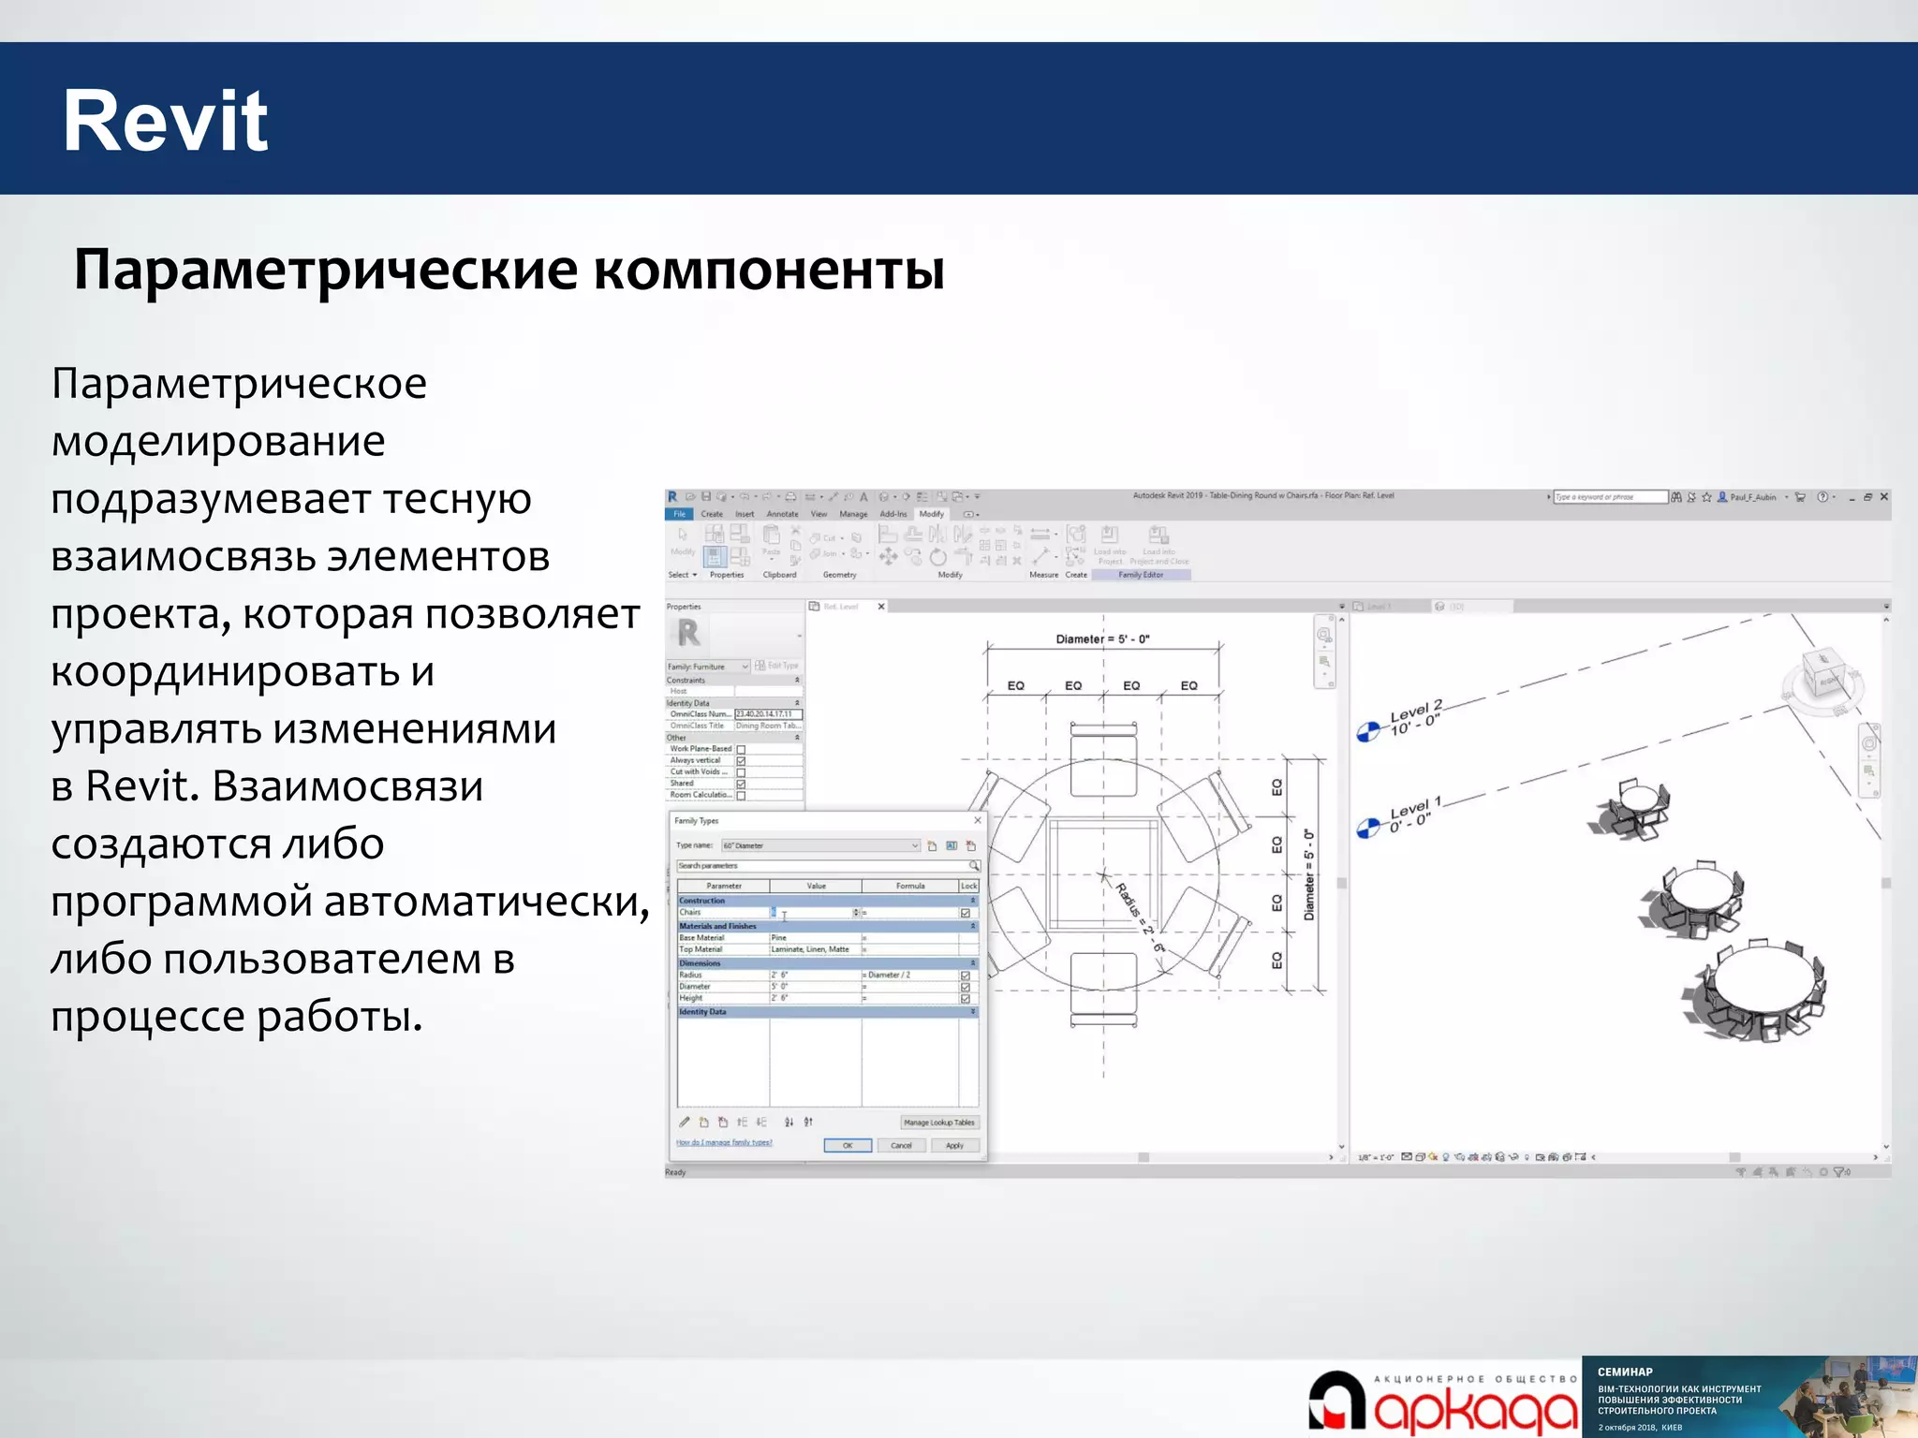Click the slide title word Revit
tap(165, 121)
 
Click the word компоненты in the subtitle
tap(769, 270)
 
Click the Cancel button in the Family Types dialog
tap(901, 1145)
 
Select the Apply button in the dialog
tap(954, 1145)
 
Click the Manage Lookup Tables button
tap(938, 1122)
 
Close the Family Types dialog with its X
tap(978, 820)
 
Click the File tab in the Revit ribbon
tap(680, 514)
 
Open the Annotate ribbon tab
tap(782, 514)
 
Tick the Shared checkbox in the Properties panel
tap(741, 784)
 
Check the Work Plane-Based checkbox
tap(741, 749)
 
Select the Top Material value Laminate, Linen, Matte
tap(811, 949)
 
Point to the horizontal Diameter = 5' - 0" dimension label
tap(1102, 639)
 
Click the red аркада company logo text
tap(1476, 1410)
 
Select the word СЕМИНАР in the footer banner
tap(1625, 1372)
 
